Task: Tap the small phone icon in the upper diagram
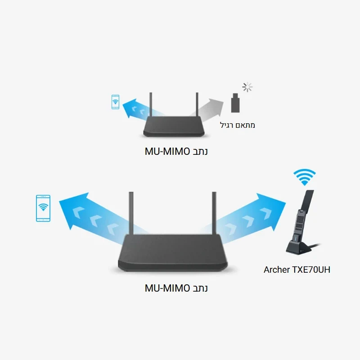(116, 102)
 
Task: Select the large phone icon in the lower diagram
(43, 208)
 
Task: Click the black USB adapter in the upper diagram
(234, 103)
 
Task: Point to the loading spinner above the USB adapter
(247, 87)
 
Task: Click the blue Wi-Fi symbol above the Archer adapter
(304, 176)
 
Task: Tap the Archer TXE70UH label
(297, 270)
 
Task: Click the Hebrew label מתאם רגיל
(238, 125)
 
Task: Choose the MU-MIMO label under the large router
(176, 288)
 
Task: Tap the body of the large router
(173, 254)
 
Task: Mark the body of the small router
(174, 128)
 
